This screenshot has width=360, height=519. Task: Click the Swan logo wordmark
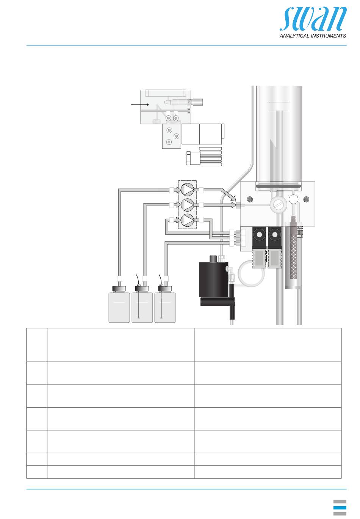(x=313, y=19)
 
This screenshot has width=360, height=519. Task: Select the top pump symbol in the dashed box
(x=187, y=190)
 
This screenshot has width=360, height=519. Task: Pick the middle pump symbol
(x=187, y=205)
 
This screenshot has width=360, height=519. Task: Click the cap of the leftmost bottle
(x=119, y=289)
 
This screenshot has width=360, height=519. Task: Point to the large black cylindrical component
(x=214, y=279)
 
